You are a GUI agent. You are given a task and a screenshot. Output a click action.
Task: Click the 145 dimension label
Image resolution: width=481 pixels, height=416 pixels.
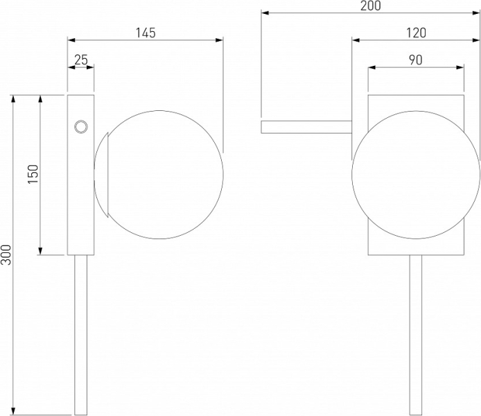pos(146,33)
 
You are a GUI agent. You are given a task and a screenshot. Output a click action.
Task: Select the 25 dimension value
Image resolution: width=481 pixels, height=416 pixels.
pos(81,60)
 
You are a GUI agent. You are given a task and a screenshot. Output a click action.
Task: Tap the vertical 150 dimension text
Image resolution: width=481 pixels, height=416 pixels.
pos(33,174)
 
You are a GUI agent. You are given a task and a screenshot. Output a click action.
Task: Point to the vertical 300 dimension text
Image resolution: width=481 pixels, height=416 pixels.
pos(6,254)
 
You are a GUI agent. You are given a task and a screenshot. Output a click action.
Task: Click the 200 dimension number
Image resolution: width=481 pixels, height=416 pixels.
pos(371,6)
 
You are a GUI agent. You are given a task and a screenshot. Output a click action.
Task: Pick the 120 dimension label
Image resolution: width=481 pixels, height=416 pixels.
pos(416,33)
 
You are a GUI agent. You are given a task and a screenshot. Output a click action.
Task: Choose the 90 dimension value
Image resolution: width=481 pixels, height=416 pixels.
pos(416,60)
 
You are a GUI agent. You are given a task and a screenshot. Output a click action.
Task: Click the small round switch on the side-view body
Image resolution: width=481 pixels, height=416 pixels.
pos(81,127)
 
